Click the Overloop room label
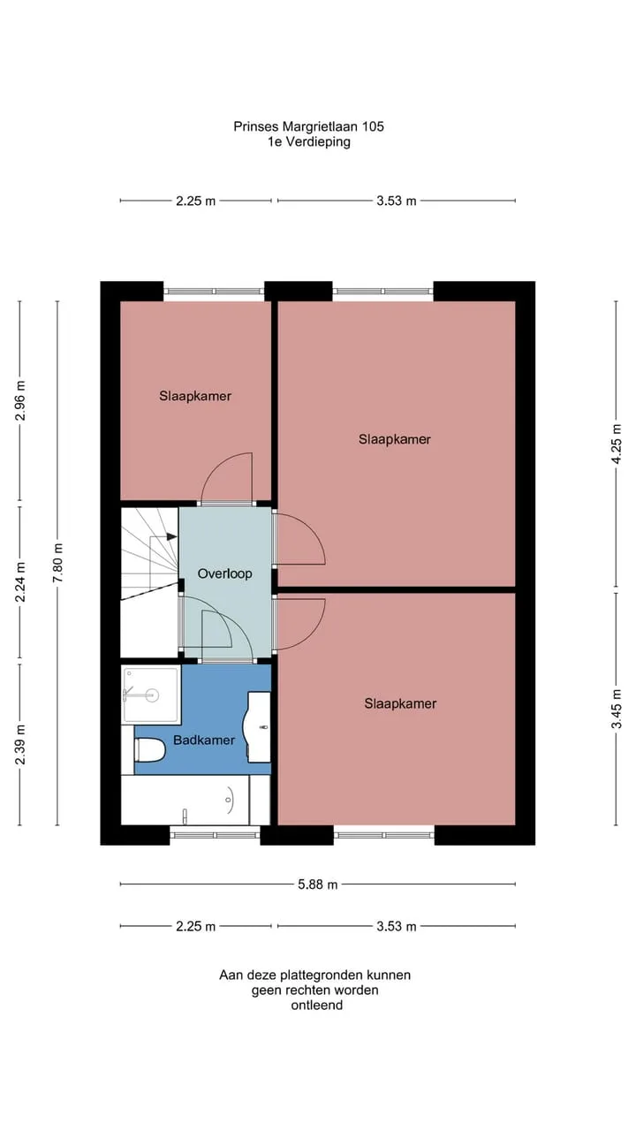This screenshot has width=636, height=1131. pos(224,573)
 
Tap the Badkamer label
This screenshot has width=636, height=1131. pos(204,740)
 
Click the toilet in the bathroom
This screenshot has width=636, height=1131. pos(150,750)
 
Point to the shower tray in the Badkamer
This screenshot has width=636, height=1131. pos(151,694)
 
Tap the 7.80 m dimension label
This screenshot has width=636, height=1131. pos(57,563)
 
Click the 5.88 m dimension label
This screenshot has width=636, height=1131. pos(317,884)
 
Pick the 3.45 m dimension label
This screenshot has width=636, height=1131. pos(617,709)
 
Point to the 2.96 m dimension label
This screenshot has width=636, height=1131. pos(20,400)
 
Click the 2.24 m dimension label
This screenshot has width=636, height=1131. pos(20,582)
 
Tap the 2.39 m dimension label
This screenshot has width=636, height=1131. pos(20,745)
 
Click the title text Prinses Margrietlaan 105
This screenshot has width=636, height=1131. pos(308,126)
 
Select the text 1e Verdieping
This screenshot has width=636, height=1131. pos(309,141)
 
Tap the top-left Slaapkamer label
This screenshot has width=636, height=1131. pos(195,396)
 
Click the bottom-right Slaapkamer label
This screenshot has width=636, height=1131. pos(400,703)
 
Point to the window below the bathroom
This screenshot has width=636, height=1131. pos(215,835)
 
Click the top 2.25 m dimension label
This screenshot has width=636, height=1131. pos(196,201)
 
